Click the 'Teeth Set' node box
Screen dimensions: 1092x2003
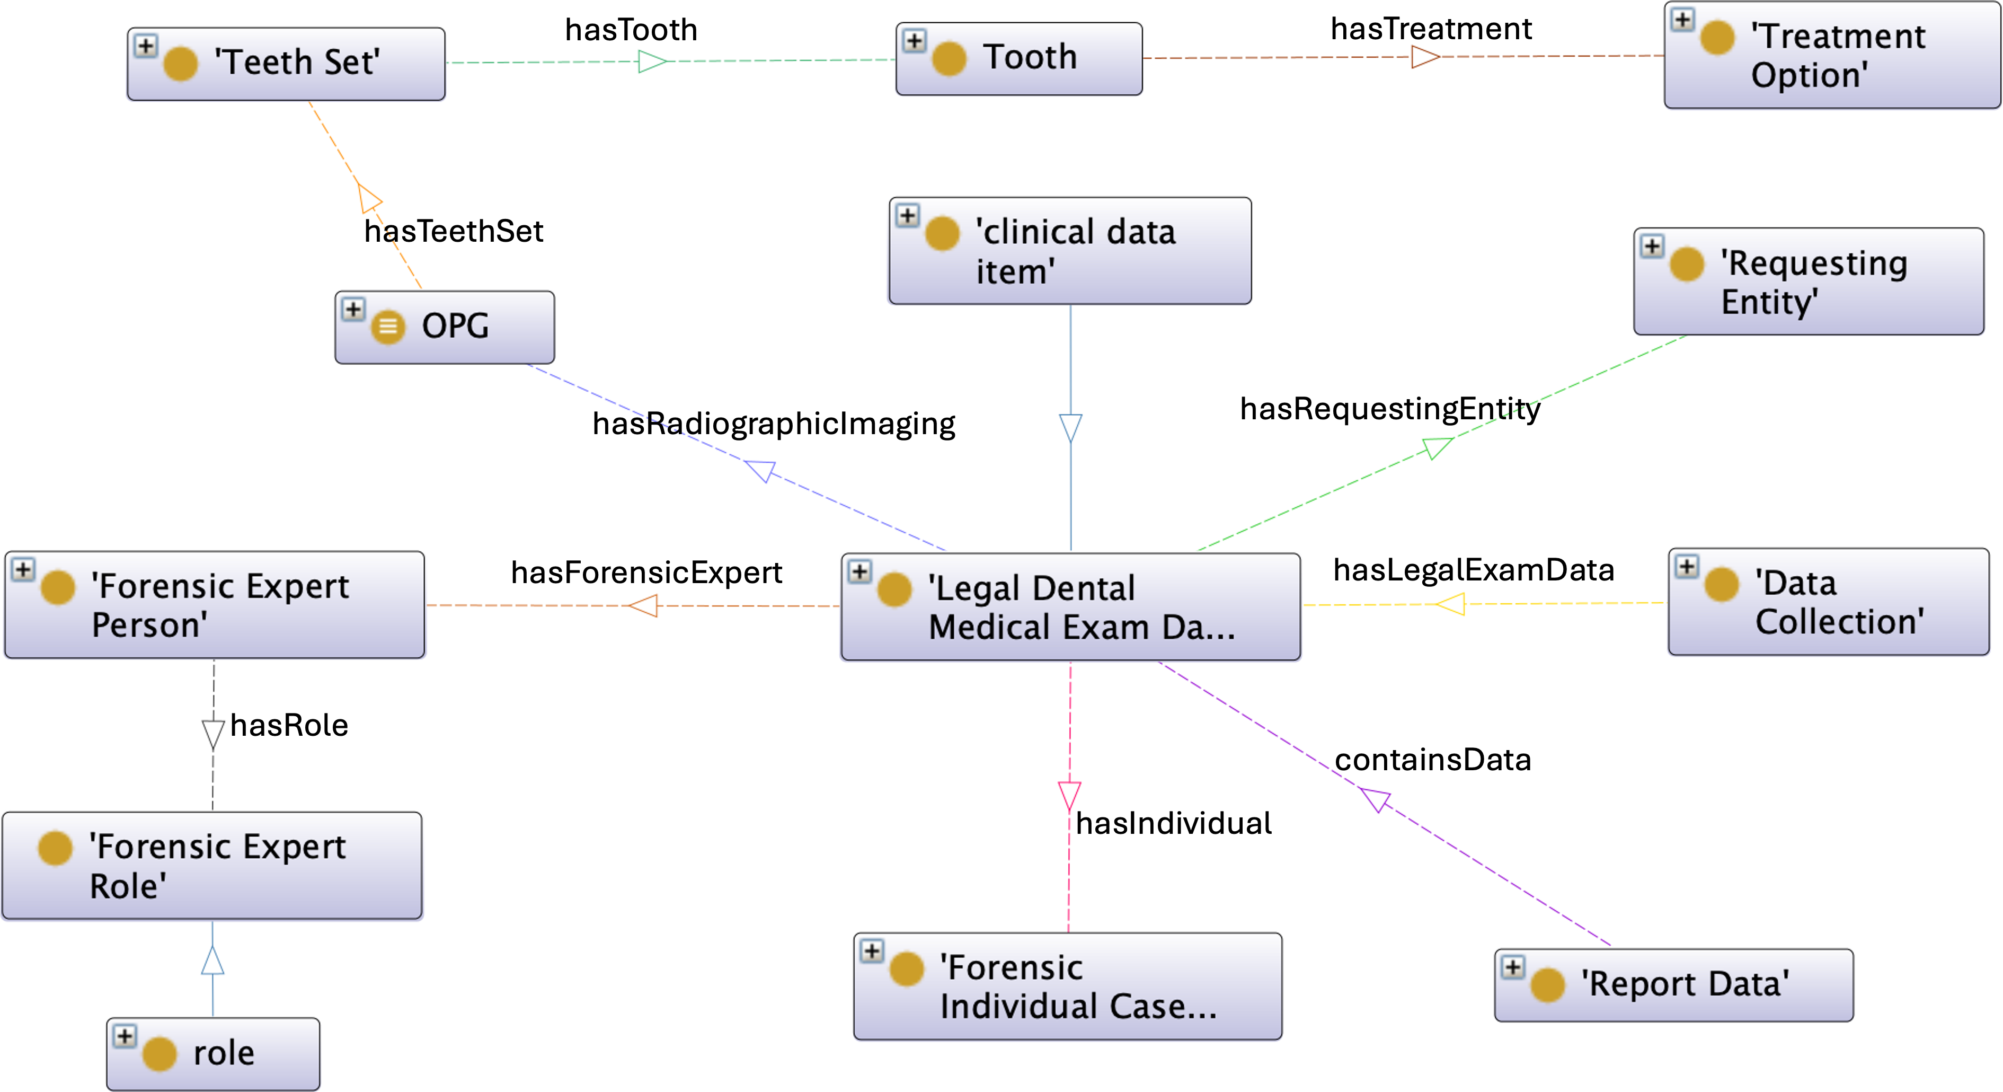pos(286,65)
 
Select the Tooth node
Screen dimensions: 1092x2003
pos(1018,60)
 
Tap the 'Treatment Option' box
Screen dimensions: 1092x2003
pos(1831,58)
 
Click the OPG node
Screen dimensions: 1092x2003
pos(445,326)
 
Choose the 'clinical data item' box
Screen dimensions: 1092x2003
pos(1069,252)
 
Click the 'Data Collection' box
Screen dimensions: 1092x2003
pos(1827,604)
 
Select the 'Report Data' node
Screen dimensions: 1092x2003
pos(1673,985)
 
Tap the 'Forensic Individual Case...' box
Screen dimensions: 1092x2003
pos(1068,988)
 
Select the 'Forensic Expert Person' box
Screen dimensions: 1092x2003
pos(215,606)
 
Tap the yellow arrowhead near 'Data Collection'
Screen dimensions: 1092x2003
pos(1450,604)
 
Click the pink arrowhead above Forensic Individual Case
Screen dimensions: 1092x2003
pos(1069,795)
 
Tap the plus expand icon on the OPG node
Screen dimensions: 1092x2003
pos(353,310)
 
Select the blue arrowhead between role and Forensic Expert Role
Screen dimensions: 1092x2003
pos(212,962)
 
